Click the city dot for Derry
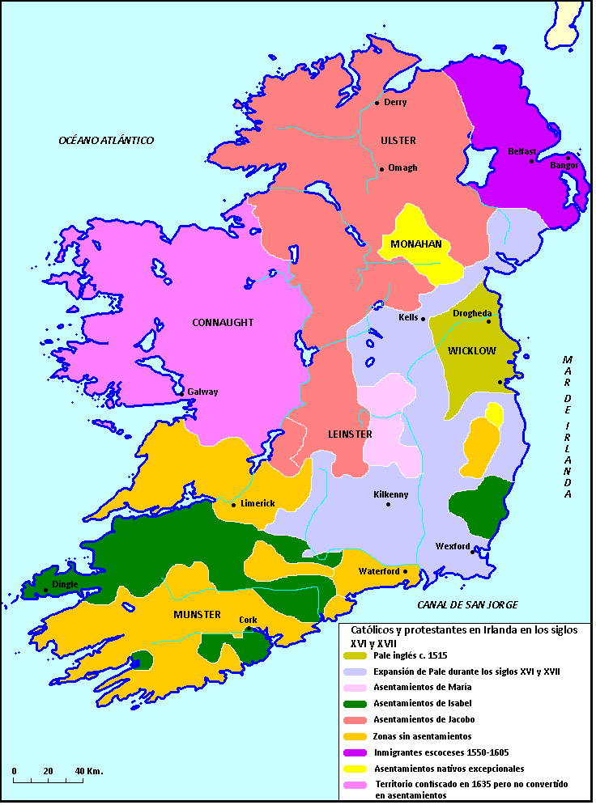tap(377, 103)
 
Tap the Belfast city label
tap(521, 151)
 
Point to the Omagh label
tap(402, 168)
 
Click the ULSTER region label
tap(398, 141)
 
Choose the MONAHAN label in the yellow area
tap(416, 244)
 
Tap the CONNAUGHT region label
tap(223, 323)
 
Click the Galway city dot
tap(181, 392)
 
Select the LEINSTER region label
tap(350, 434)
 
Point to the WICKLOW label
tap(471, 351)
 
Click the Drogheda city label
tap(472, 312)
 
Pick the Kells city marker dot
tap(423, 319)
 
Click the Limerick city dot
tap(234, 504)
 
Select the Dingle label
tap(65, 583)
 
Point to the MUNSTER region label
tap(197, 615)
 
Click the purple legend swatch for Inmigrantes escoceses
tap(355, 752)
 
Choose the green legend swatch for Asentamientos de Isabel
tap(355, 703)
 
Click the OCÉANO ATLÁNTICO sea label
tap(106, 141)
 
